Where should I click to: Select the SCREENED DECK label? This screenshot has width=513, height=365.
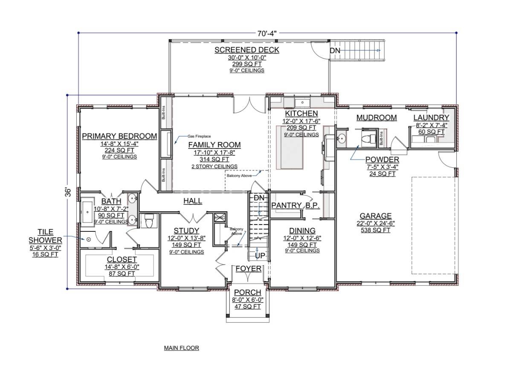246,50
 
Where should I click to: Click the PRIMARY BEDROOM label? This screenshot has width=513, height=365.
119,136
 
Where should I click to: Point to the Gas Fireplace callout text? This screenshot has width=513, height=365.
199,137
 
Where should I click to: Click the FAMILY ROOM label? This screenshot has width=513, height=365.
214,145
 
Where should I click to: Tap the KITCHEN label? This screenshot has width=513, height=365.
301,114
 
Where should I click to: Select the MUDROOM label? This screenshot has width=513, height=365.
377,117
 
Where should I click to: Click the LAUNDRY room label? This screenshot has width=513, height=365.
431,117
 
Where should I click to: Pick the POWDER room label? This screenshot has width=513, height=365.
383,160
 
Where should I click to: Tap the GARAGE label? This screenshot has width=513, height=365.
375,216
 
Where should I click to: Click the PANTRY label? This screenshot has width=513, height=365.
287,205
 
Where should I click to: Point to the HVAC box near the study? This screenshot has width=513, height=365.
220,217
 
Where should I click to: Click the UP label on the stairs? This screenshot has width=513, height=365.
259,255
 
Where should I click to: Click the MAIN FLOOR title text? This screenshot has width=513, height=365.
181,348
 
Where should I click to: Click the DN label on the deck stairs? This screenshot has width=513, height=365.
335,51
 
